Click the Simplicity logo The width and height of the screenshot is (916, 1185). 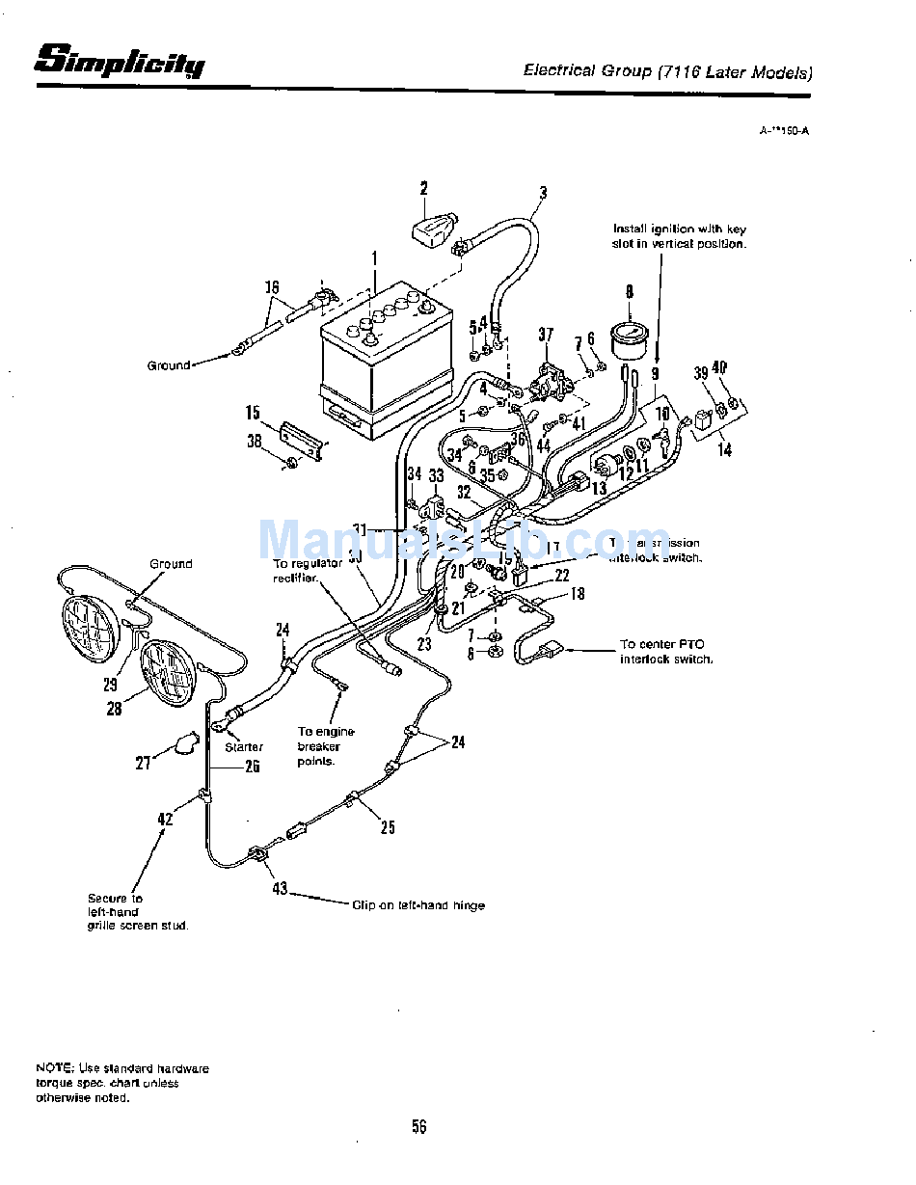click(x=120, y=62)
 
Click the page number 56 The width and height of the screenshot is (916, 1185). click(x=418, y=1126)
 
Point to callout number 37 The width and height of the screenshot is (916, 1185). click(x=546, y=335)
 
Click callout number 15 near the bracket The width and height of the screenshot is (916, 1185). click(x=253, y=413)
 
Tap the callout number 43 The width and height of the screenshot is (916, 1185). click(x=280, y=888)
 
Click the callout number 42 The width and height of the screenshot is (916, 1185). click(x=166, y=820)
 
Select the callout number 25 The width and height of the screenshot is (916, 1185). click(x=387, y=826)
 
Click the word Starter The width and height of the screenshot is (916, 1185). click(x=244, y=747)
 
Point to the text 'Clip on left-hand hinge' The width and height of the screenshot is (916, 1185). click(x=418, y=905)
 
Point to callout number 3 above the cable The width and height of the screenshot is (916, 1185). click(x=543, y=193)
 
